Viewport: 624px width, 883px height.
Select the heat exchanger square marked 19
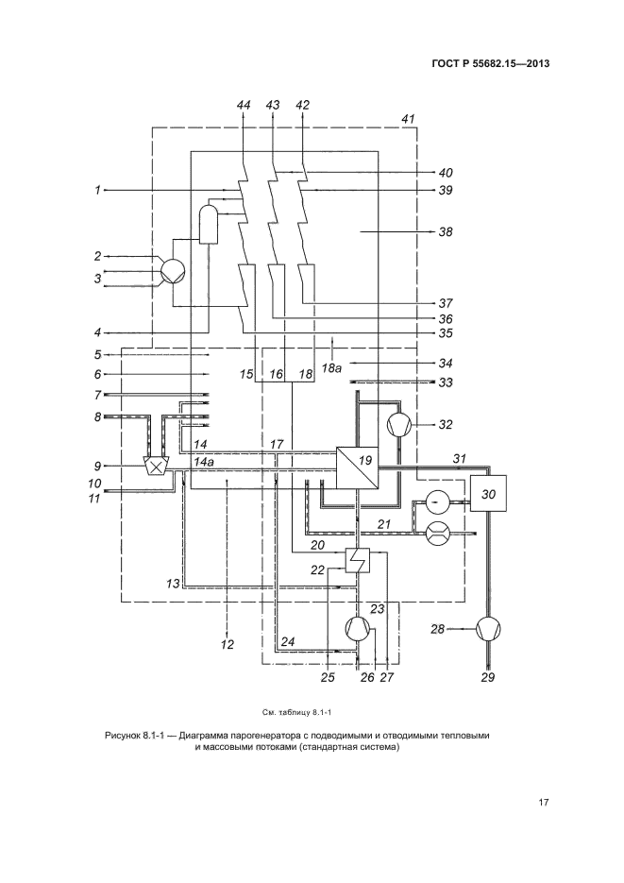tap(357, 467)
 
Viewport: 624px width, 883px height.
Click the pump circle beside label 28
tap(488, 628)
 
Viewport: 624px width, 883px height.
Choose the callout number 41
tap(408, 119)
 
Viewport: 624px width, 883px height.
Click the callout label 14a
tap(205, 462)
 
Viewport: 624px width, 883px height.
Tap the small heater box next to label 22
tap(359, 561)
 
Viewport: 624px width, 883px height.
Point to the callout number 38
tap(446, 230)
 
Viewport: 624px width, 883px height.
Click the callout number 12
tap(227, 645)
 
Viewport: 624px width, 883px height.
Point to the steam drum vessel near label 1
tap(207, 224)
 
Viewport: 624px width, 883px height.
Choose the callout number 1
tap(97, 190)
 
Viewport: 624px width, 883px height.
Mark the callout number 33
tap(446, 382)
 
